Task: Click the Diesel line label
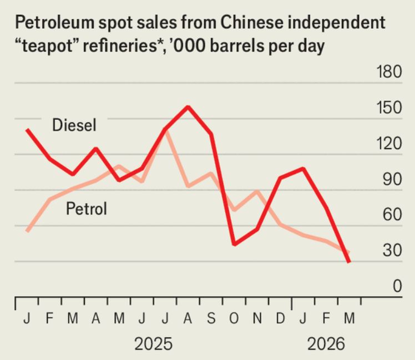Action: [74, 125]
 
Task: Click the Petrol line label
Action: [86, 209]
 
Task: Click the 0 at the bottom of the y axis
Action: [396, 286]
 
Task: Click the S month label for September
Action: [211, 320]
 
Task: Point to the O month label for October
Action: [234, 320]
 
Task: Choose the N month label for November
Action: [257, 320]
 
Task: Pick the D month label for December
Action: [280, 320]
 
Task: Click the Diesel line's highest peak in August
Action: [188, 107]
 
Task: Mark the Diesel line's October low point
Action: [234, 244]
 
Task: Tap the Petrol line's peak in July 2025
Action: [165, 131]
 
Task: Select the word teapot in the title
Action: [46, 47]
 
